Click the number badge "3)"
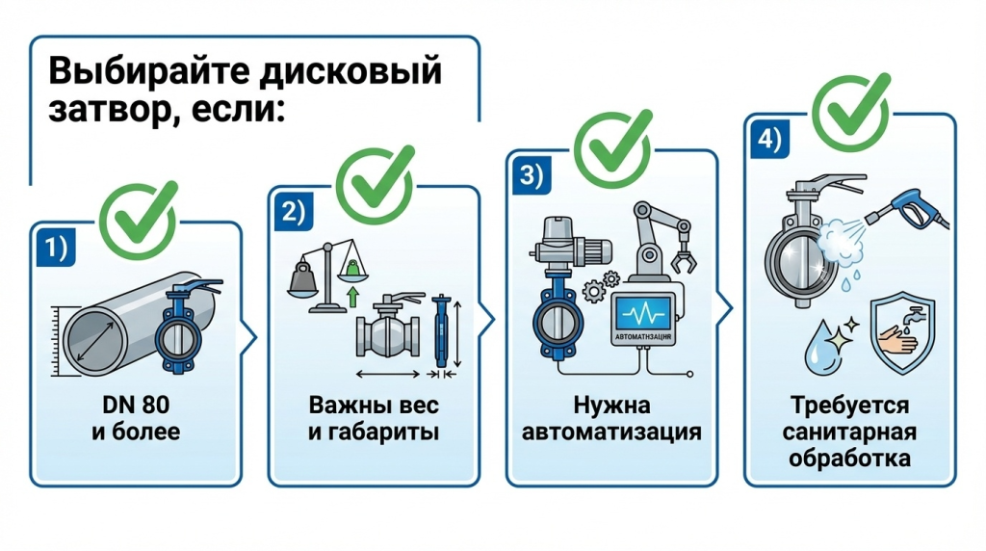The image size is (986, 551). (532, 177)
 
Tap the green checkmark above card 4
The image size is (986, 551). (850, 108)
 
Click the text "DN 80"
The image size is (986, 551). (135, 406)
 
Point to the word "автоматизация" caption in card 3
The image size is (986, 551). (611, 432)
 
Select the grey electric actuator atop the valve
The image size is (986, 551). (556, 241)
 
